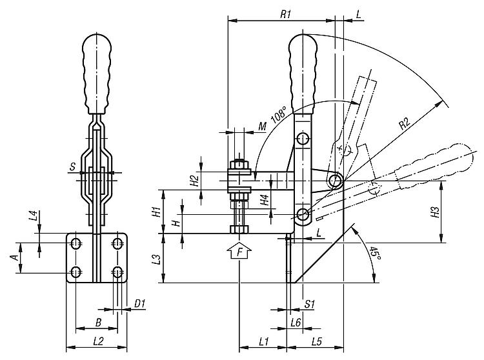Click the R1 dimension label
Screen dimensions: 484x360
(x=285, y=14)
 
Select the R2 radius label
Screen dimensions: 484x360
(x=405, y=123)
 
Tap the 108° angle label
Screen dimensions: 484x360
(x=279, y=114)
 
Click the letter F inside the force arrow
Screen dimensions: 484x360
(x=239, y=253)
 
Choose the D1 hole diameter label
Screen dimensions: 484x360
(x=139, y=304)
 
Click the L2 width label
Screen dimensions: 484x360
(x=98, y=341)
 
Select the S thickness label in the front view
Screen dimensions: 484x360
(x=72, y=167)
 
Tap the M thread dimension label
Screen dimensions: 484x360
(x=262, y=126)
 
